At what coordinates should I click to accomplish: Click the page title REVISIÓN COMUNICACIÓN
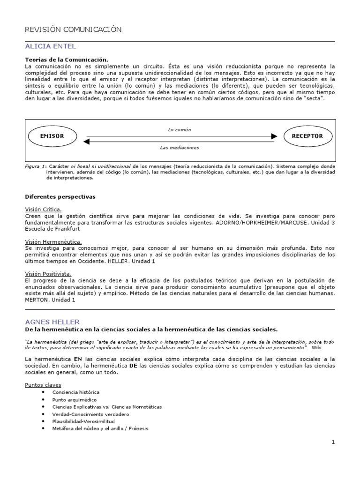coord(73,30)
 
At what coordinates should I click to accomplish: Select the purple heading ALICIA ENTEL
coord(50,46)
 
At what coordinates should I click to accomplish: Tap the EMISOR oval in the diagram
coord(52,136)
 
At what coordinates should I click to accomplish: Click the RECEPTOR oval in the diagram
coord(307,136)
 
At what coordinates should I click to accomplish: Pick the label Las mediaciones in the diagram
coord(180,148)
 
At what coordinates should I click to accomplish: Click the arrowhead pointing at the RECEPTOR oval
coord(273,136)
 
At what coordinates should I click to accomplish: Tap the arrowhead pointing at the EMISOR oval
coord(86,141)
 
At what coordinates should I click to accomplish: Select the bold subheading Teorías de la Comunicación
coord(67,60)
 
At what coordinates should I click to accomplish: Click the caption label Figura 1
coord(36,166)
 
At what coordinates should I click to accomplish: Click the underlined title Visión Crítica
coord(43,209)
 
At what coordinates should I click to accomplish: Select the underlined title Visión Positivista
coord(47,273)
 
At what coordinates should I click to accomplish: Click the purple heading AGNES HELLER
coord(52,322)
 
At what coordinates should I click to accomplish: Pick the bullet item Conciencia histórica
coord(75,392)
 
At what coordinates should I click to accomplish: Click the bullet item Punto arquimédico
coord(75,399)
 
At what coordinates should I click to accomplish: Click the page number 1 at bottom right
coord(333,442)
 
